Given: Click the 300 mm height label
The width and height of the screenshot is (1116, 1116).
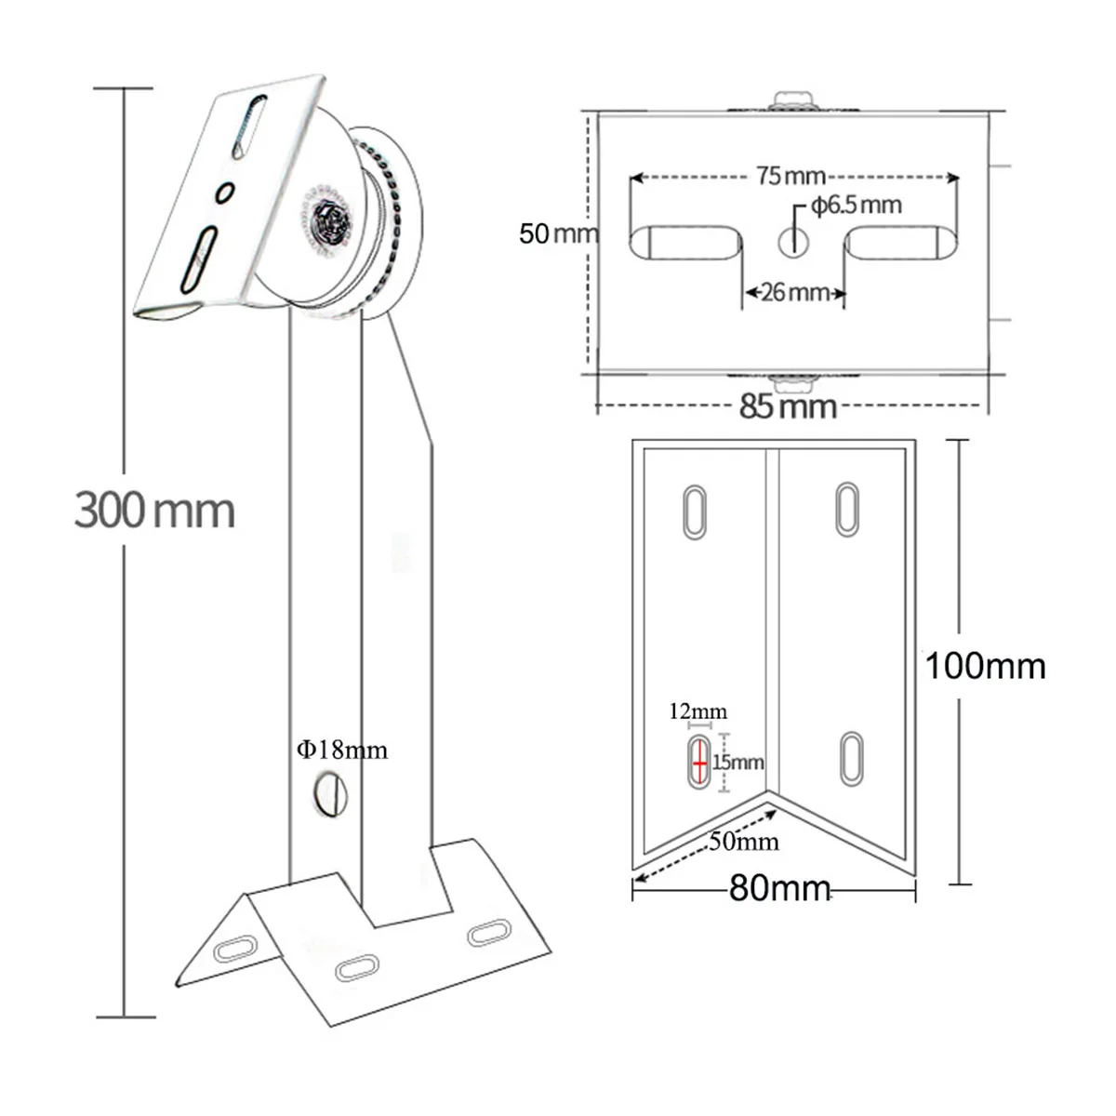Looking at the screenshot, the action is coord(154,511).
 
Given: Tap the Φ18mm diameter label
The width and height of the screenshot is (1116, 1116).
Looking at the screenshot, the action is coord(342,750).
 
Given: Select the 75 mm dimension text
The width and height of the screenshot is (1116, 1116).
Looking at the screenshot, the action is coord(791,176).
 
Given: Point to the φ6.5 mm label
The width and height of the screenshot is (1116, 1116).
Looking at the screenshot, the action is coord(856,205).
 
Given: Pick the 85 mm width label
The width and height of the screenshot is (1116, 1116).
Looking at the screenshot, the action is coord(789,406).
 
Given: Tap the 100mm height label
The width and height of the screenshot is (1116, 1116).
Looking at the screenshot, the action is coord(985,666).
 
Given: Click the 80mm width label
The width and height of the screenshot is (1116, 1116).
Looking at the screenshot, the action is coord(779,888).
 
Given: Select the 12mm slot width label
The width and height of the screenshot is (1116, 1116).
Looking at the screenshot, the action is coord(697,712).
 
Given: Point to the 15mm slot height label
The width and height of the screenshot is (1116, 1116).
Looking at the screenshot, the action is coord(738,763).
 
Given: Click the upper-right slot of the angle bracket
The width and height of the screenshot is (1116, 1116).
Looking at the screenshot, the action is coord(846,509).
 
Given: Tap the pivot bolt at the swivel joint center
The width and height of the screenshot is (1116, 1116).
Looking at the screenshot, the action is coord(328,223).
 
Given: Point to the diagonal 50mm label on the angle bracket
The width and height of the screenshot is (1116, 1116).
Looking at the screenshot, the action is coord(744,842).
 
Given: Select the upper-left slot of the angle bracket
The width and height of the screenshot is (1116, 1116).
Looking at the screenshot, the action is coord(694,511).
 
